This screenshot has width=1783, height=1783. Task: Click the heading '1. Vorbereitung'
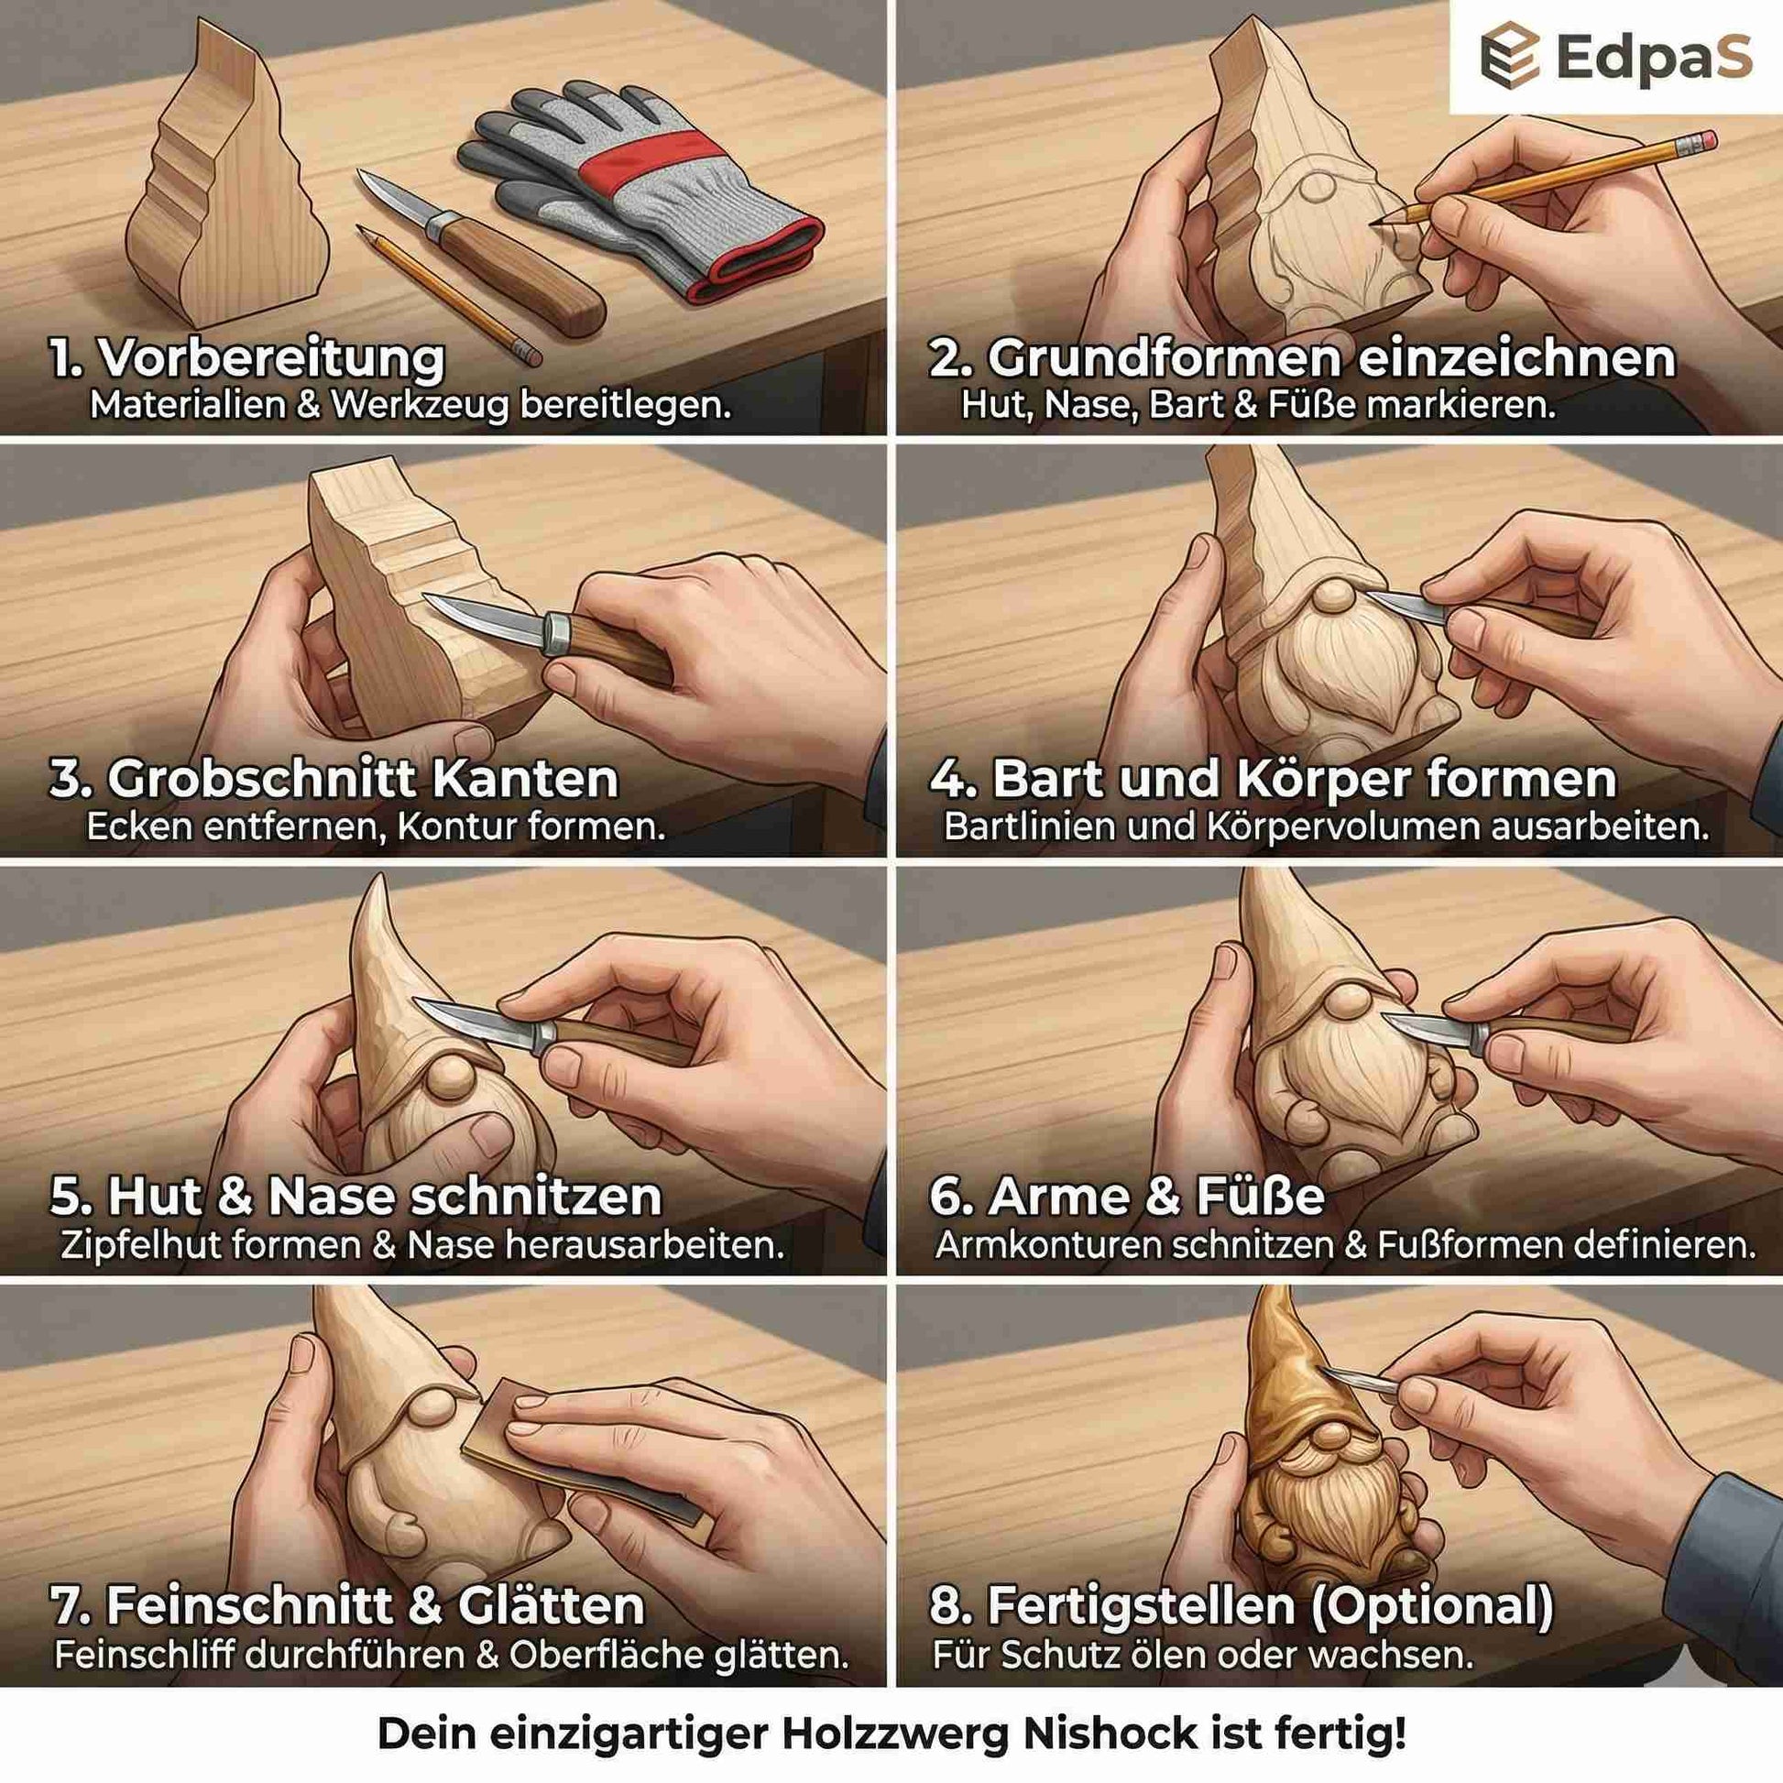pyautogui.click(x=247, y=359)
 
